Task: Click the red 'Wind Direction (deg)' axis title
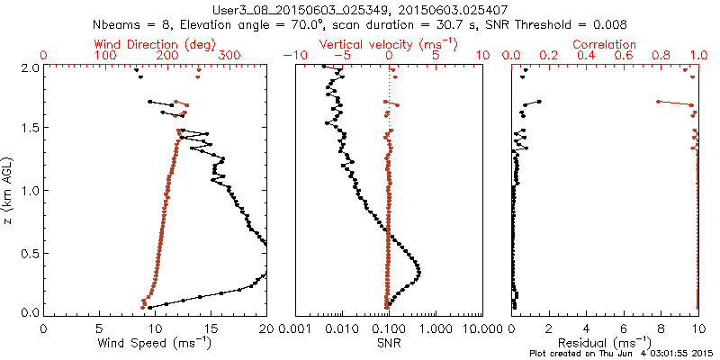155,44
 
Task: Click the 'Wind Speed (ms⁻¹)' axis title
155,342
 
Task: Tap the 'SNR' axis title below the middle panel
389,342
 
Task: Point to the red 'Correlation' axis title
605,44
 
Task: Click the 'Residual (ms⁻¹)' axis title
605,342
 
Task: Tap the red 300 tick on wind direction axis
229,56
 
